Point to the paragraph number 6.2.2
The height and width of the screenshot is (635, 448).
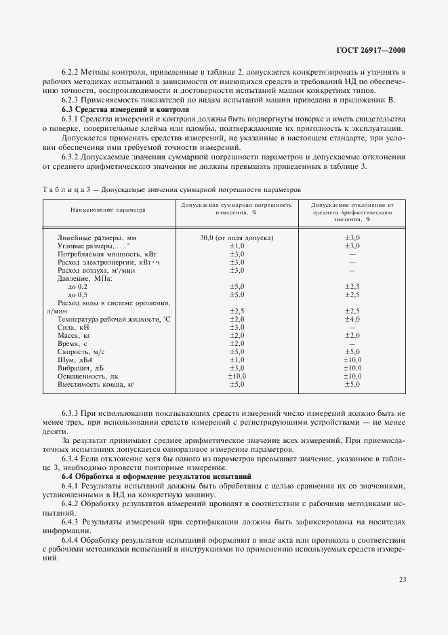pos(73,72)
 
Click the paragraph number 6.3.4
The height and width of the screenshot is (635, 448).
pos(73,459)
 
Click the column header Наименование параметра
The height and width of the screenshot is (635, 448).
pos(108,210)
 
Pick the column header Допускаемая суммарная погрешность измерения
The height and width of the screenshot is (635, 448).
pos(236,208)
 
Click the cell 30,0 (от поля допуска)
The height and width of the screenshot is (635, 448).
pos(236,237)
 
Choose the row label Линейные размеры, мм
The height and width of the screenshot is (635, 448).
pos(97,238)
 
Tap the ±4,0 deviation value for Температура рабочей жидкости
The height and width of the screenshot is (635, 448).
pos(352,319)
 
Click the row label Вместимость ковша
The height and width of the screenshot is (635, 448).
pos(96,384)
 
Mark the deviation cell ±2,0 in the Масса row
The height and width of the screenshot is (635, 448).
pos(352,335)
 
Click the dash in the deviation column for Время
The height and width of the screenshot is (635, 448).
pos(352,343)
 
